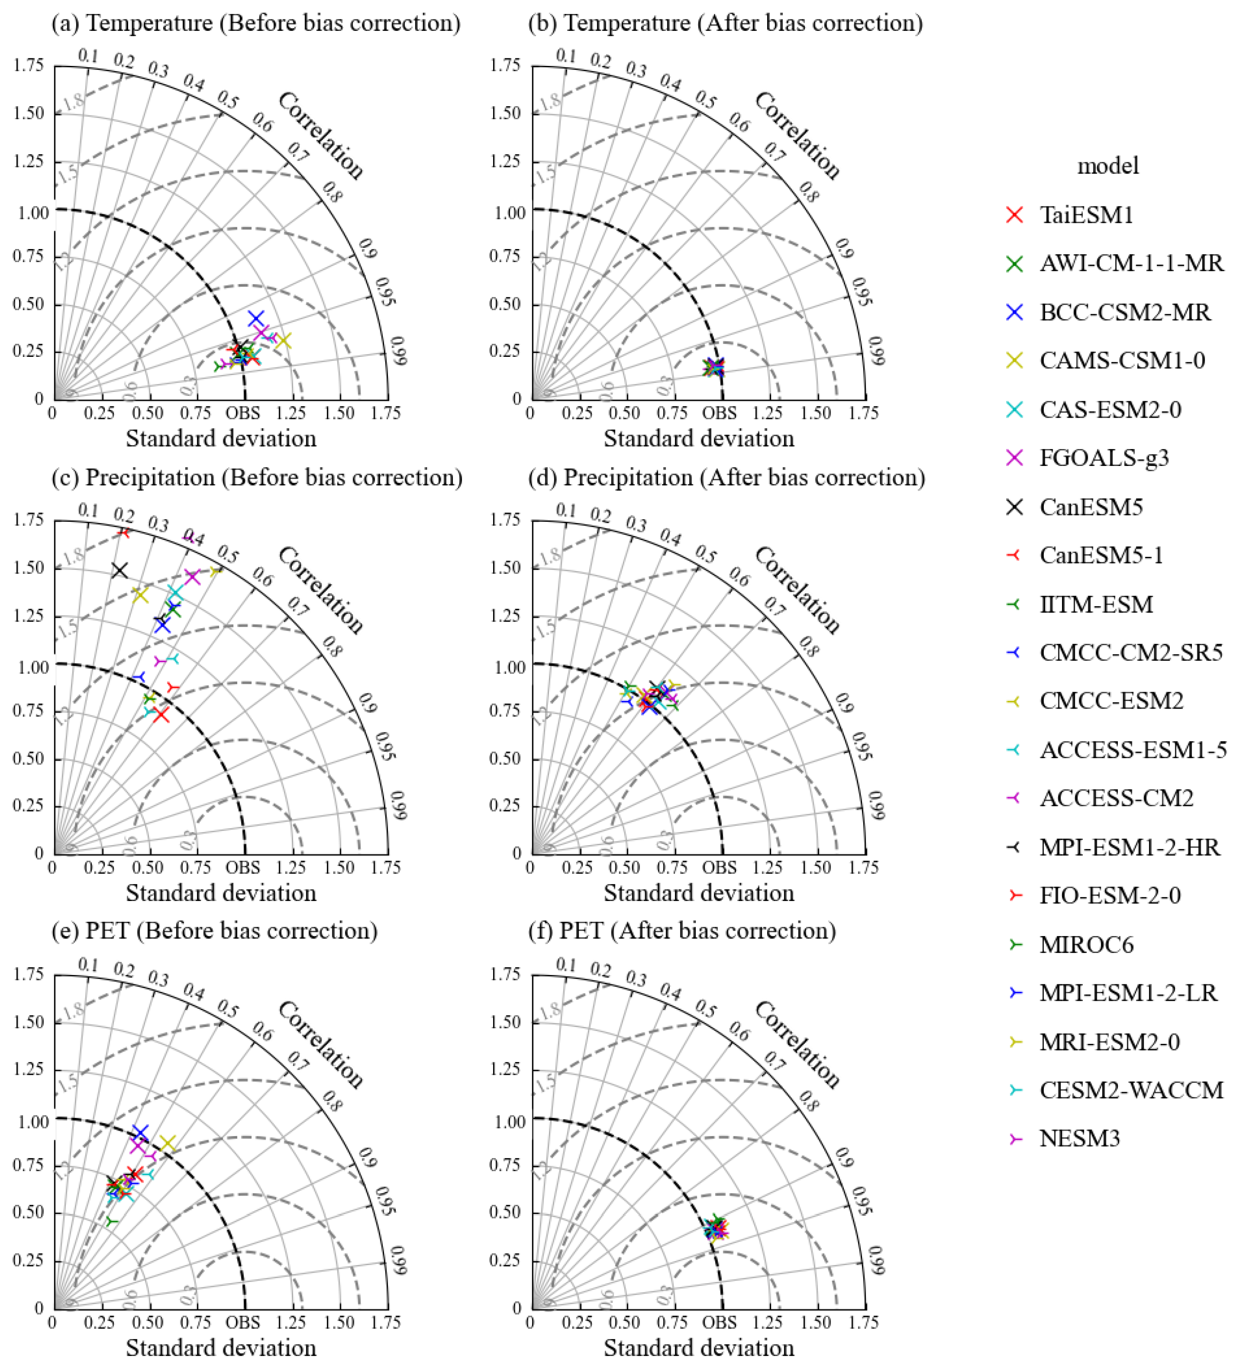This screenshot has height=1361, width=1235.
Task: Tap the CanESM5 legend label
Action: (x=1090, y=507)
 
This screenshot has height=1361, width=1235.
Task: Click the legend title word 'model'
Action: (x=1107, y=165)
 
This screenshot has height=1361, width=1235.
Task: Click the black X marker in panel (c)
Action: (x=120, y=570)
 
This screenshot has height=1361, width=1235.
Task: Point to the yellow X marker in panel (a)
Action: (x=284, y=341)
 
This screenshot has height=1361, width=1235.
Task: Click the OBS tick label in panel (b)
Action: (x=720, y=413)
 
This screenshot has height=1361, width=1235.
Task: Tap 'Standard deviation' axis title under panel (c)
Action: (x=221, y=893)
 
